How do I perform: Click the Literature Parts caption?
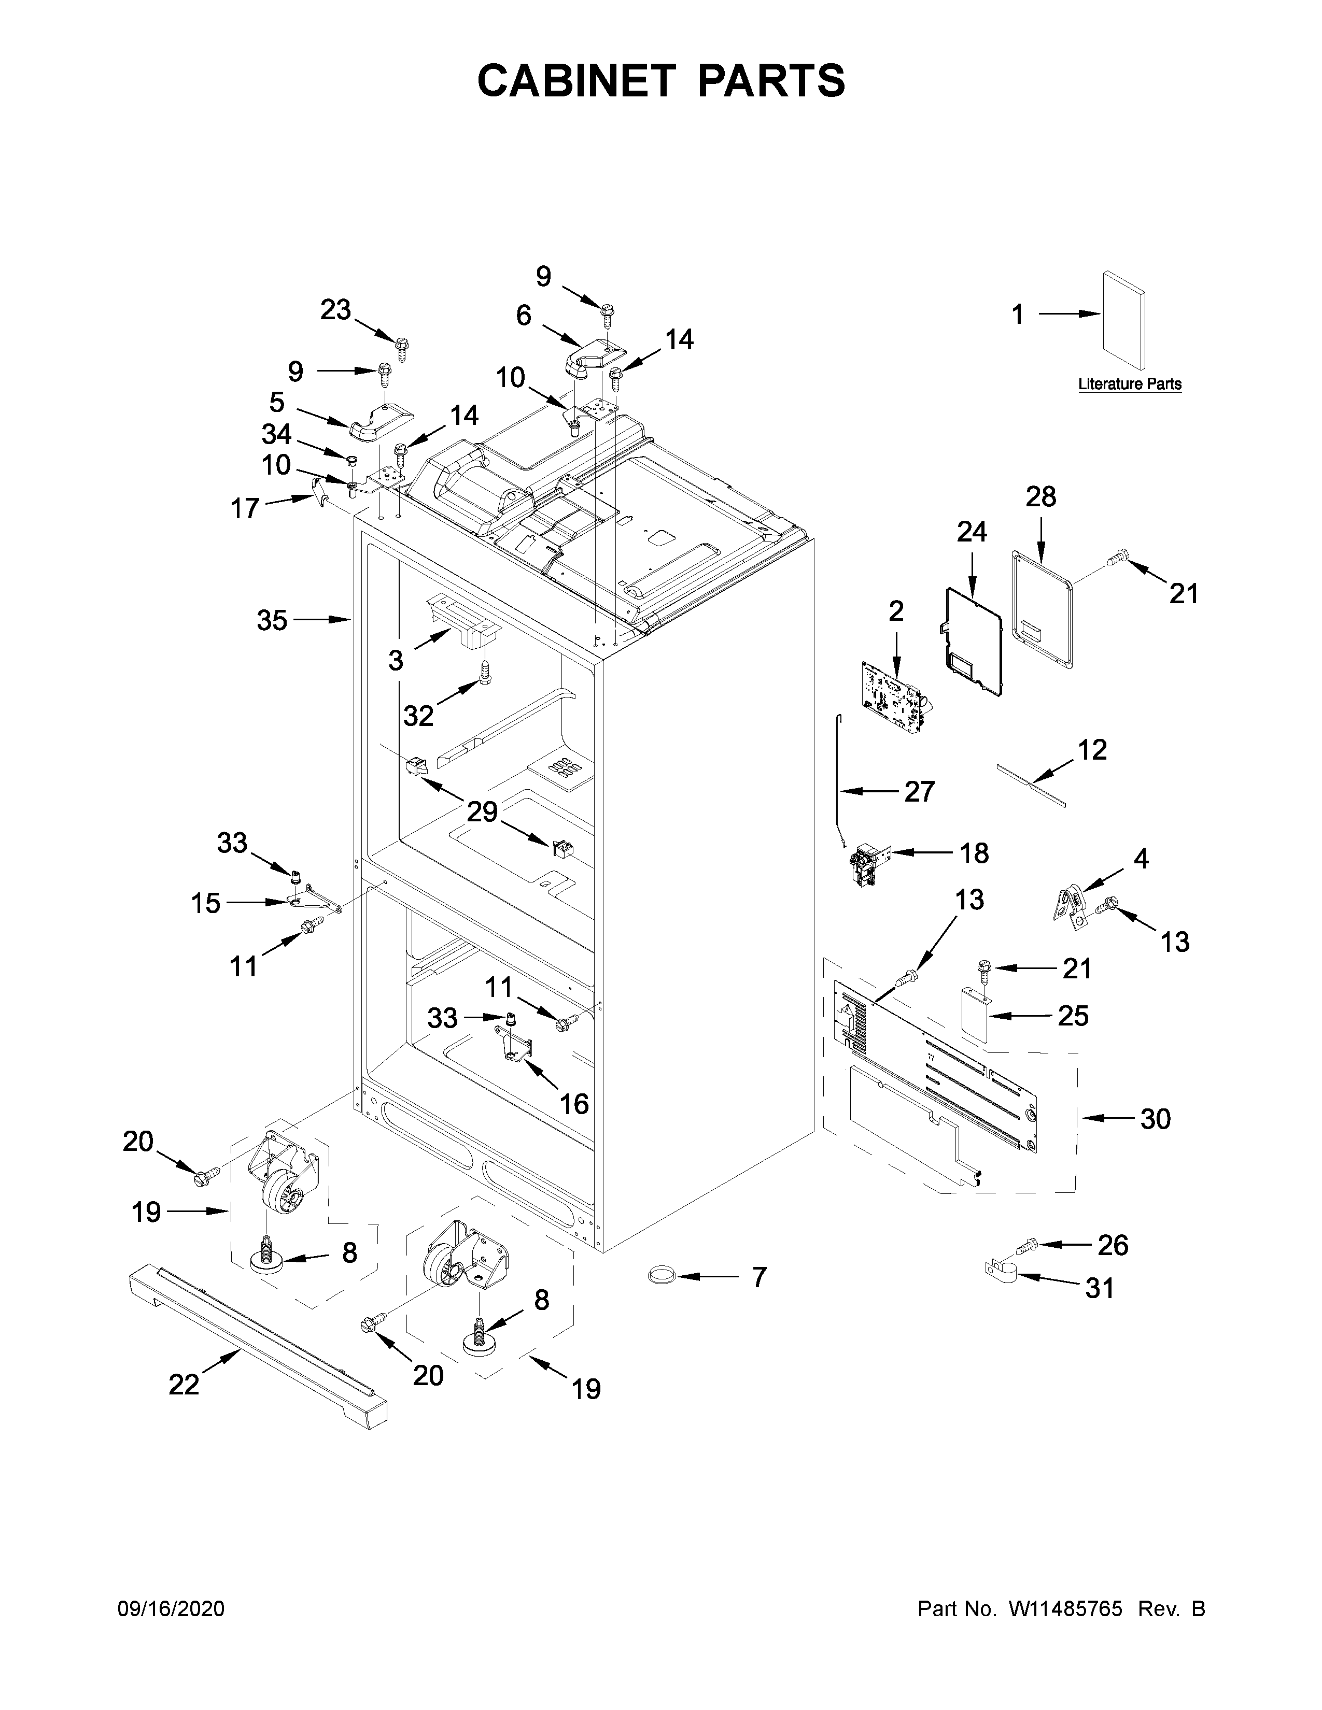tap(1129, 384)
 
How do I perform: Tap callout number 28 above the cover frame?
tap(1041, 496)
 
